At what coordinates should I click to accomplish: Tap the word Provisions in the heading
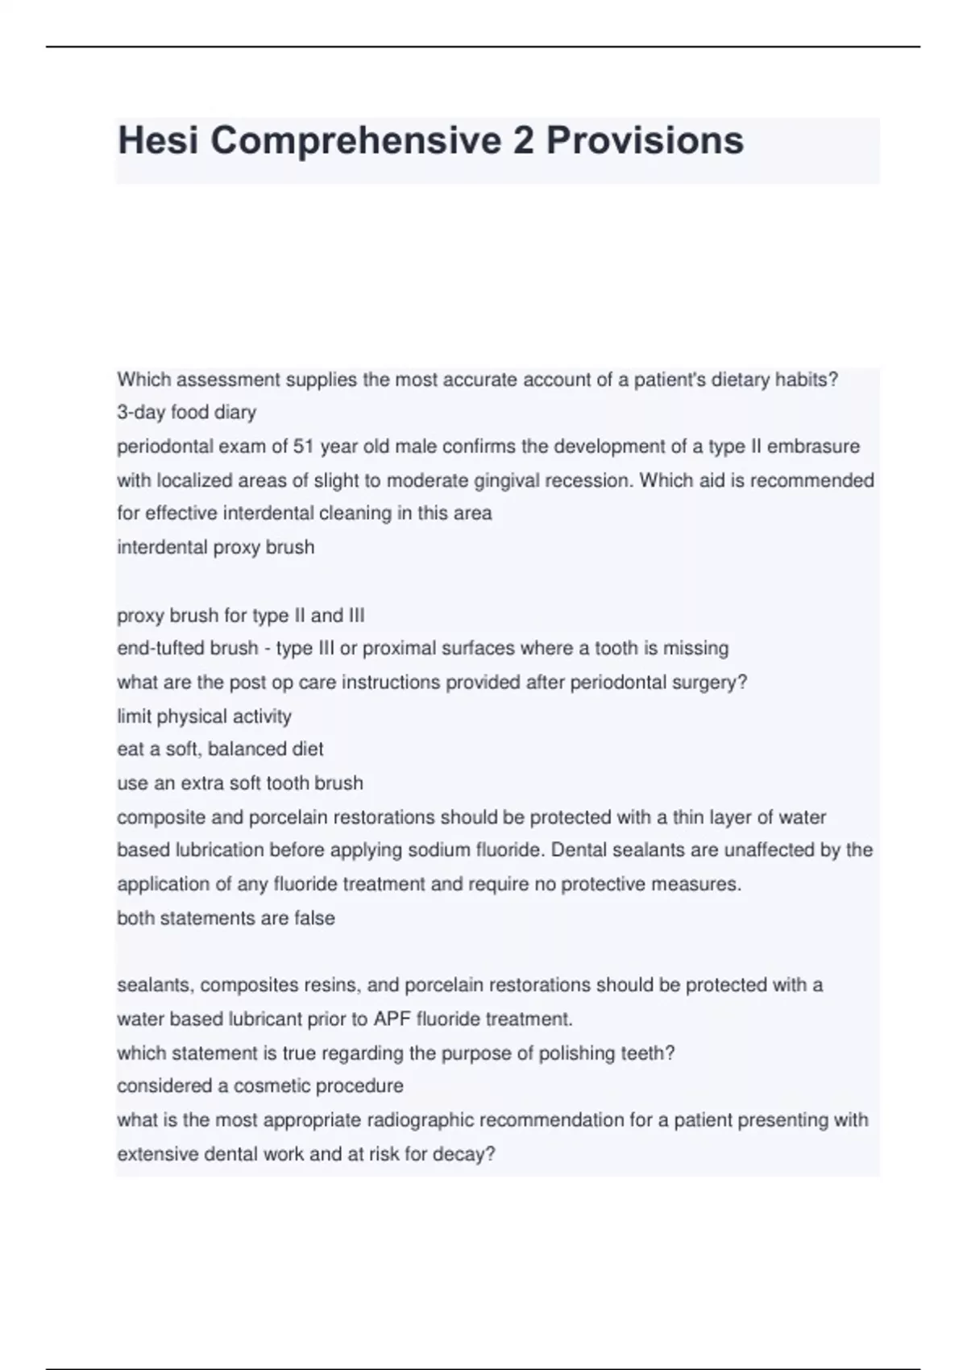(x=645, y=141)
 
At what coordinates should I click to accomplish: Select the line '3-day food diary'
(x=186, y=413)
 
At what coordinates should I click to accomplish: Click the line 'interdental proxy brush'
(x=215, y=547)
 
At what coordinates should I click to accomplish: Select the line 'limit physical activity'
(x=204, y=716)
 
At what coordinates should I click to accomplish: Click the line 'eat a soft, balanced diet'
(x=220, y=749)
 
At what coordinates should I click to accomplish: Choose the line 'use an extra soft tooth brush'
(x=240, y=783)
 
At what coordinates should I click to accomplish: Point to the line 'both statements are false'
(x=226, y=918)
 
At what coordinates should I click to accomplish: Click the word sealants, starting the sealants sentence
(x=155, y=985)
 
